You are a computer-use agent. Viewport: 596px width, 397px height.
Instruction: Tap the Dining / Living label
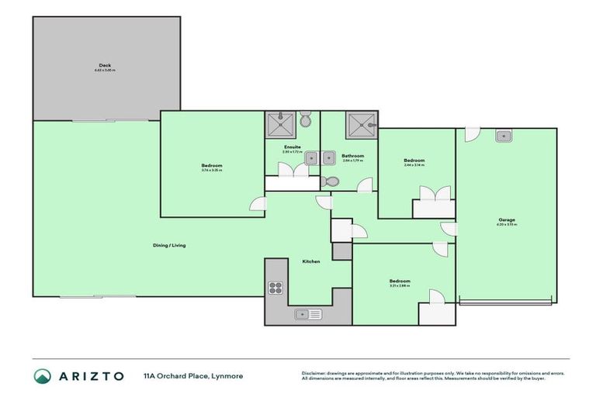tap(168, 246)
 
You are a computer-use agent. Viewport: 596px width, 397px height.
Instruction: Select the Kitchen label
tap(310, 261)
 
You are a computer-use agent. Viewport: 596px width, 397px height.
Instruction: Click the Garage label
tap(506, 220)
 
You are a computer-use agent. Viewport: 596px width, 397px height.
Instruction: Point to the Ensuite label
tap(293, 146)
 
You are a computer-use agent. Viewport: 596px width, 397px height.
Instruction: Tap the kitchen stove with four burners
tap(275, 287)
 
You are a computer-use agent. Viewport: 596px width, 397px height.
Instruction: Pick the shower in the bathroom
tap(361, 124)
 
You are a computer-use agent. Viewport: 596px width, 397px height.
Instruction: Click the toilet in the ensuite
tap(306, 120)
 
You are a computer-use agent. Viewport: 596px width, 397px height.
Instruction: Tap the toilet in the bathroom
tap(330, 182)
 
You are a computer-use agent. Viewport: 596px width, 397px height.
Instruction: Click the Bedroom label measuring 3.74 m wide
tap(212, 166)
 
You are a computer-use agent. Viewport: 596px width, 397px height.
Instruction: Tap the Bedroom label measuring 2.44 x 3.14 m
tap(414, 161)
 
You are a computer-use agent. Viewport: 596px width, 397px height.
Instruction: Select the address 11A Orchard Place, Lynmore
tap(193, 376)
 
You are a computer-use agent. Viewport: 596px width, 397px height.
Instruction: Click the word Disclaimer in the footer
tap(315, 372)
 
